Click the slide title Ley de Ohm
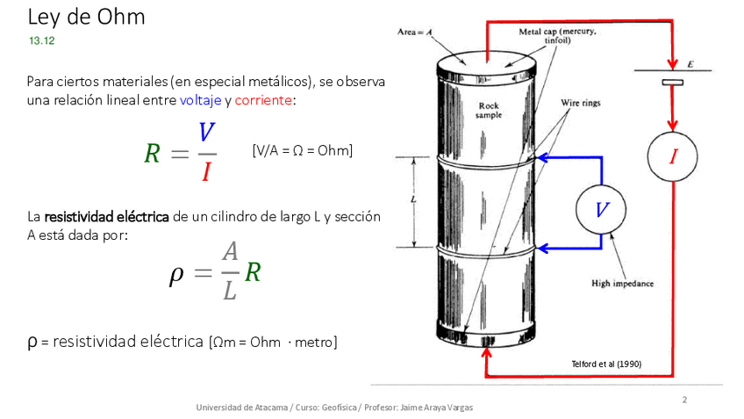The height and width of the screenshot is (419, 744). pyautogui.click(x=86, y=17)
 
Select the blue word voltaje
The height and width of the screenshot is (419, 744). pyautogui.click(x=200, y=100)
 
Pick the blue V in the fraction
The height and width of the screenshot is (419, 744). pyautogui.click(x=206, y=134)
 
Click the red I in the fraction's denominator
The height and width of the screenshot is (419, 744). pyautogui.click(x=206, y=171)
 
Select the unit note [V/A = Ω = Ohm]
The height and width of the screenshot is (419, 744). pyautogui.click(x=302, y=151)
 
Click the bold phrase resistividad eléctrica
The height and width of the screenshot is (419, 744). pyautogui.click(x=106, y=216)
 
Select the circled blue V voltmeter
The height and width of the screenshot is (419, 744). pyautogui.click(x=601, y=210)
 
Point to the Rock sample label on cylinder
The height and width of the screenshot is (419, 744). pyautogui.click(x=489, y=111)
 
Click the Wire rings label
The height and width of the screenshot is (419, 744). pyautogui.click(x=580, y=103)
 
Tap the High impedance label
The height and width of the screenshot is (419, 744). pyautogui.click(x=623, y=284)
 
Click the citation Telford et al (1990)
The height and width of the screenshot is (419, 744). pyautogui.click(x=605, y=363)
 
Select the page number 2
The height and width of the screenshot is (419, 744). pyautogui.click(x=684, y=401)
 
